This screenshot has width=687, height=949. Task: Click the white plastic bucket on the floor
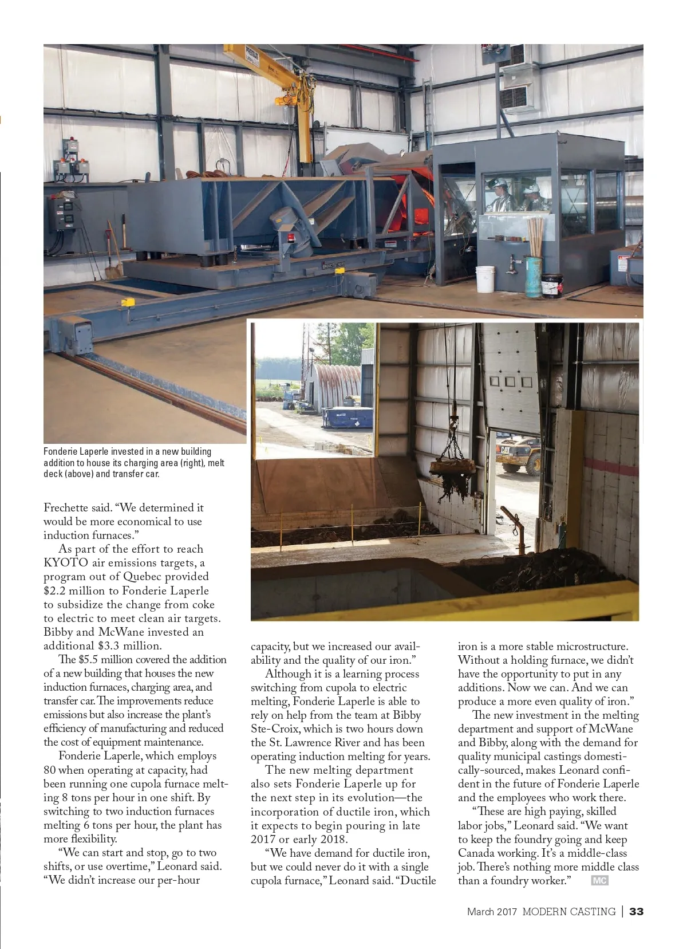(485, 278)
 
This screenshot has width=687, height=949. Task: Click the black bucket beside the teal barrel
(552, 284)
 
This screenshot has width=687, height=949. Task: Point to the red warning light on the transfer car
(291, 237)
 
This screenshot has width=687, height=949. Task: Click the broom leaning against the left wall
(113, 252)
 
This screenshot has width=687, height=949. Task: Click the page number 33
(636, 911)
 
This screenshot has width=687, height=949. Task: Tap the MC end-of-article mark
(599, 880)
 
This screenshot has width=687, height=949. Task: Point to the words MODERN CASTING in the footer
(568, 911)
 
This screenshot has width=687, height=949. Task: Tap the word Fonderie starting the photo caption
(60, 451)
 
